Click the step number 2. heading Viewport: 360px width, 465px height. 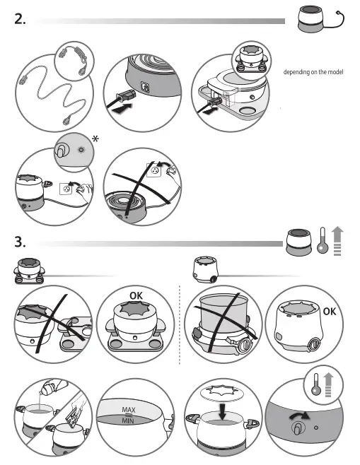pyautogui.click(x=21, y=20)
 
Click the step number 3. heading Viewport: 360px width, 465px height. pyautogui.click(x=21, y=242)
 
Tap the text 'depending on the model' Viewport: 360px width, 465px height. pyautogui.click(x=313, y=72)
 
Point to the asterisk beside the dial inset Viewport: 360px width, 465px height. pyautogui.click(x=94, y=139)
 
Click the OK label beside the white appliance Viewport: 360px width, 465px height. pyautogui.click(x=330, y=311)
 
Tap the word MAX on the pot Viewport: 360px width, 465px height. pyautogui.click(x=129, y=409)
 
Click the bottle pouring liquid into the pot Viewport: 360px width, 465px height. pyautogui.click(x=50, y=391)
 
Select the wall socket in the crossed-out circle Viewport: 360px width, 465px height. pyautogui.click(x=154, y=170)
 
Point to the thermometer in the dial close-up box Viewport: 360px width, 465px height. pyautogui.click(x=315, y=388)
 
